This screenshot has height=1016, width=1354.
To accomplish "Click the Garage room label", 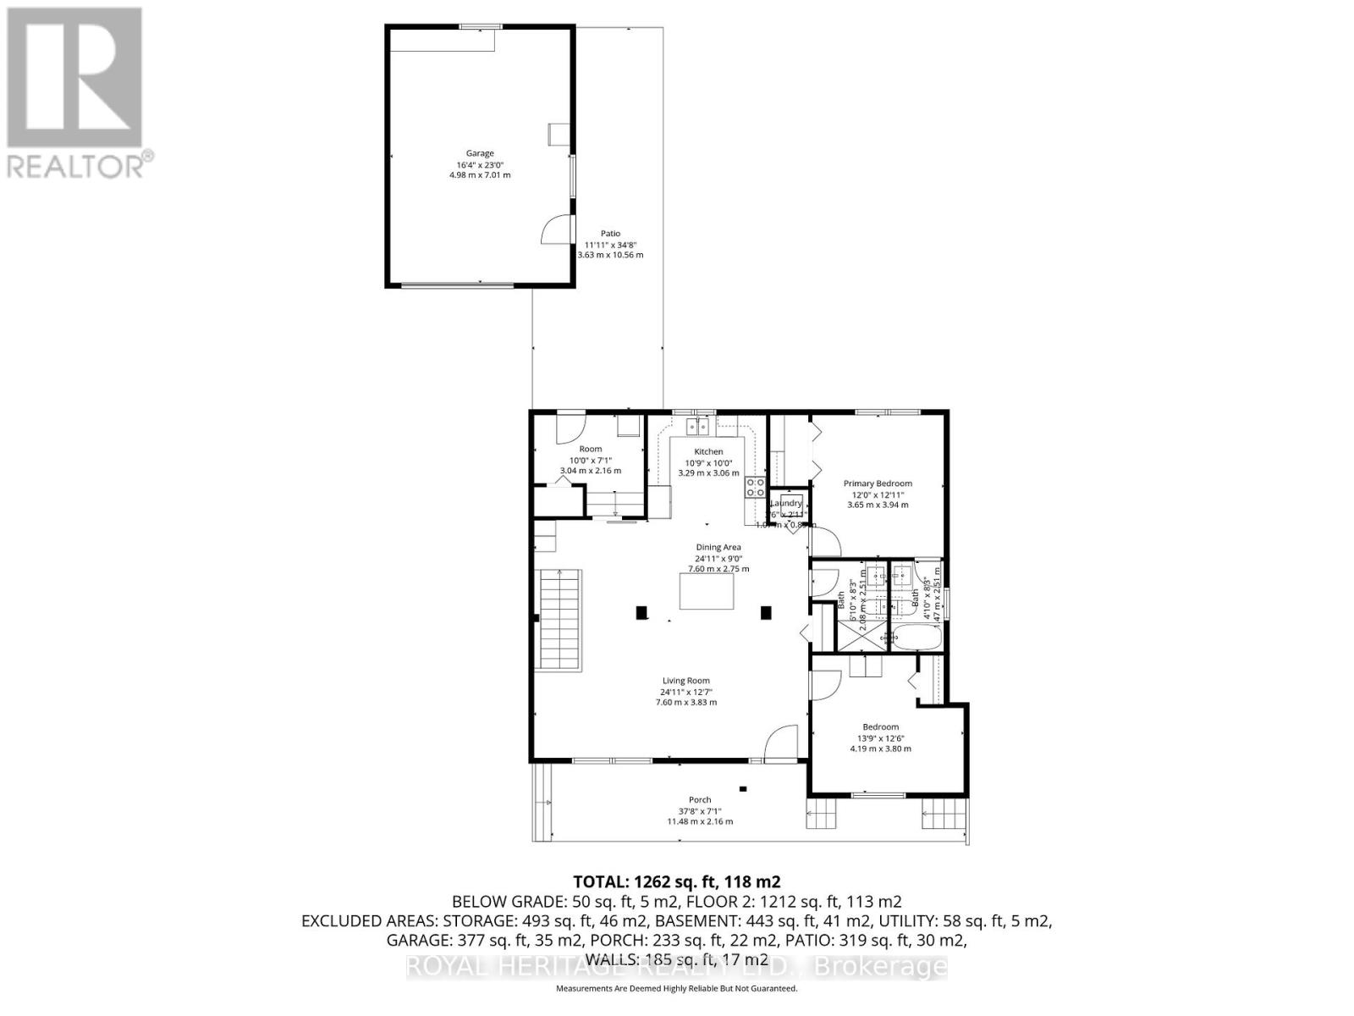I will (480, 153).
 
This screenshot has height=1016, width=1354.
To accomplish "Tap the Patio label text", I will (610, 234).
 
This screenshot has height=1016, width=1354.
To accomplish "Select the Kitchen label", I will (708, 451).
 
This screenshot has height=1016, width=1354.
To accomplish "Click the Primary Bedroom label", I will (878, 483).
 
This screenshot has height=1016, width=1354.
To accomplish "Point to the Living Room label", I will (685, 681).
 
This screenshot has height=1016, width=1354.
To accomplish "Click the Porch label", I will (700, 799).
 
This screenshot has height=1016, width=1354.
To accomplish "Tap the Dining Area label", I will (718, 547).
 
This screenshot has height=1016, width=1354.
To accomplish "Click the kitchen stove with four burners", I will (755, 487).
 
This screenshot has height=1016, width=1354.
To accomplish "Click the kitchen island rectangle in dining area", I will (707, 591).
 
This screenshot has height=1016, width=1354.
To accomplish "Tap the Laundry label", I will (785, 503).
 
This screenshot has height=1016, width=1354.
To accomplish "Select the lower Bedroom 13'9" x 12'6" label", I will (880, 726).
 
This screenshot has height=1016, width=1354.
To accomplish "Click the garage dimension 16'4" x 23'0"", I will (480, 164).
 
